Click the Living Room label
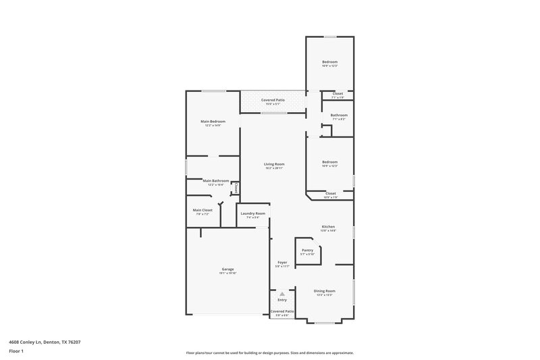coord(274,164)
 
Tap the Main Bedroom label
coord(213,121)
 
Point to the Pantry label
coord(307,250)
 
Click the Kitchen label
coord(328,226)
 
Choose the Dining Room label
coord(325,291)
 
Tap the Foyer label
coord(282,262)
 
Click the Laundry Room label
coord(252,213)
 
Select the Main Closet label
coord(202,210)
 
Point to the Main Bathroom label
coord(216,180)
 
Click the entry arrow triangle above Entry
coord(282,294)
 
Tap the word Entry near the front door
coord(282,300)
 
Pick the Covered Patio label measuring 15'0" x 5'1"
coord(273,100)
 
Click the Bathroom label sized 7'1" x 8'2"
coord(339,115)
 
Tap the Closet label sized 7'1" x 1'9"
coord(337,93)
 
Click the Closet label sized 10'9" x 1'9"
coord(331,193)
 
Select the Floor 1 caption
coord(16,352)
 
